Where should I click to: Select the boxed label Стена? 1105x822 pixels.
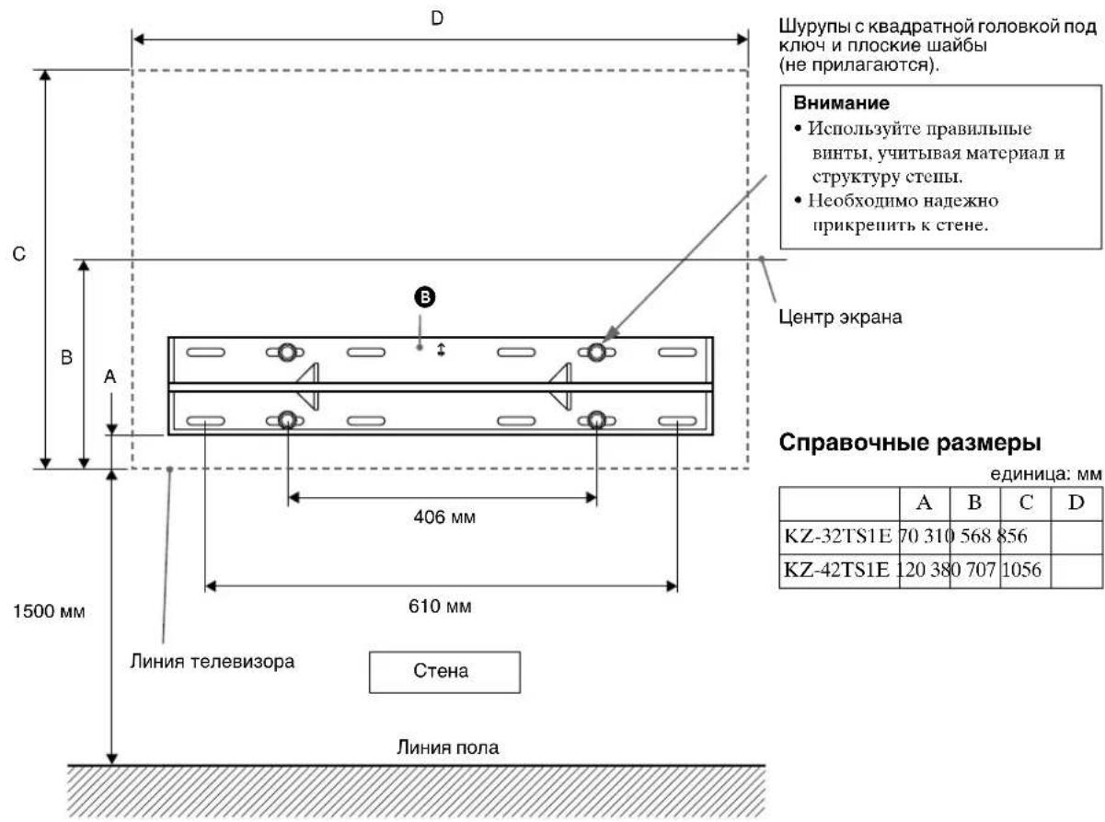(444, 671)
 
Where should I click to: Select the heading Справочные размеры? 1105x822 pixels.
(910, 442)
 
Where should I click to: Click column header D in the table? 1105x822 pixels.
(1075, 504)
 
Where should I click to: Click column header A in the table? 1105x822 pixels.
(925, 504)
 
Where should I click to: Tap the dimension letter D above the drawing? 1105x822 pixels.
(438, 17)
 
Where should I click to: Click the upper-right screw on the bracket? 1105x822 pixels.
(597, 352)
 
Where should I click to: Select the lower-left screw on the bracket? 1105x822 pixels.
(287, 421)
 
